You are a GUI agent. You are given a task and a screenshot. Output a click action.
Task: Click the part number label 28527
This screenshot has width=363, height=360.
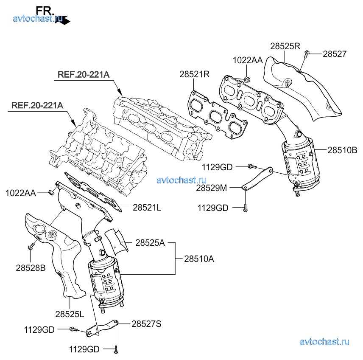click(335, 54)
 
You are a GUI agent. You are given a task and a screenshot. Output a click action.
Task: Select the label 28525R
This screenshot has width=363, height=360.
click(285, 46)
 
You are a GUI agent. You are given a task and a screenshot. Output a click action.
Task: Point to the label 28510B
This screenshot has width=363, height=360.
click(342, 150)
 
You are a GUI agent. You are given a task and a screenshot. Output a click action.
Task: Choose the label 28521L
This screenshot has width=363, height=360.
click(147, 208)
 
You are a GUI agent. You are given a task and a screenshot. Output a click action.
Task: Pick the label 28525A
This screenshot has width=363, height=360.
click(151, 243)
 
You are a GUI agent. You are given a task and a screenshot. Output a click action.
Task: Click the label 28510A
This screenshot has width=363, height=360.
click(199, 258)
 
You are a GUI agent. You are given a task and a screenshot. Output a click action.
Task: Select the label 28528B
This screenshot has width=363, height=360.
click(31, 268)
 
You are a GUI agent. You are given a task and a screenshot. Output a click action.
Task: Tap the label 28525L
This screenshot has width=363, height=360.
click(70, 314)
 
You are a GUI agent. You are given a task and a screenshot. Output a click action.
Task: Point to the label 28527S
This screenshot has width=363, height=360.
click(146, 323)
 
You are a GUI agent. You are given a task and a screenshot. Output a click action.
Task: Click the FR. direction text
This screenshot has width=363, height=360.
click(45, 10)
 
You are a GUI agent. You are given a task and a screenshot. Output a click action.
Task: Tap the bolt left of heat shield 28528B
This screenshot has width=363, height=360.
click(31, 245)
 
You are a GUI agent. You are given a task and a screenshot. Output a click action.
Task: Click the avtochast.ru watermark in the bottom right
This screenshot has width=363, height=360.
click(324, 342)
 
